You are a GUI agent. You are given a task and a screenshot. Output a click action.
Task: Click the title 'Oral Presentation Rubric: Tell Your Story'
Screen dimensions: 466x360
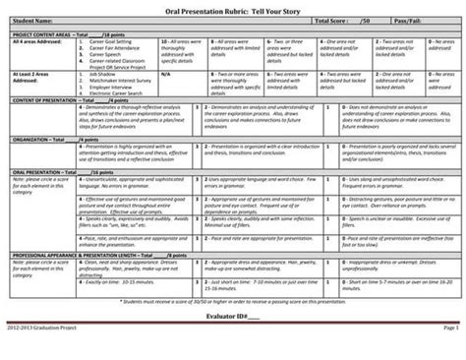(x=233, y=9)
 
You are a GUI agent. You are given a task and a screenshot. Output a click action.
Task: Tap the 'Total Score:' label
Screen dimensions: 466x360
(x=334, y=20)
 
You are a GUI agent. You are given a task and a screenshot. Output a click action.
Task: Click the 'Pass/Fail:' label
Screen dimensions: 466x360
(x=413, y=20)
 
